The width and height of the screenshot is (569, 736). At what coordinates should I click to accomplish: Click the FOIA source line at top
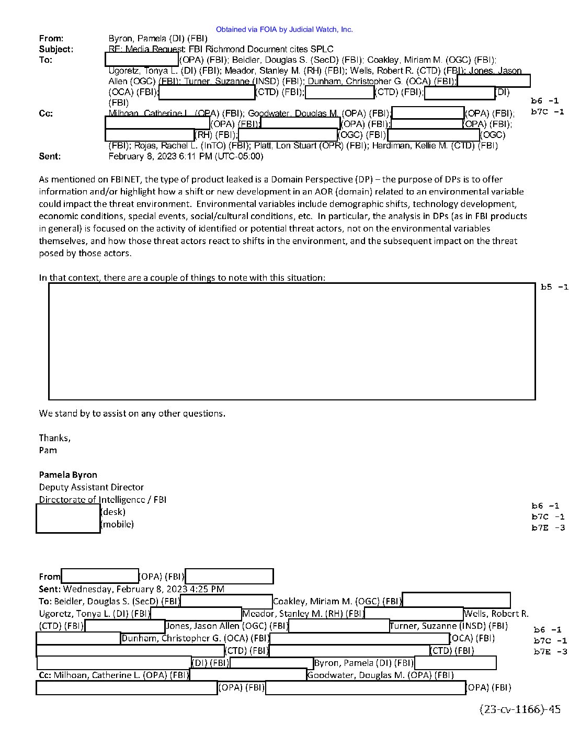click(x=284, y=30)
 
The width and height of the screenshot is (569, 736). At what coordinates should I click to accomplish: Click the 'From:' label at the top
click(x=51, y=39)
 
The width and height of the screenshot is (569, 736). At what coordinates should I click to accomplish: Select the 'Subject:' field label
click(x=56, y=50)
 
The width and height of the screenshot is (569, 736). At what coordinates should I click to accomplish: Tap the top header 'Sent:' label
click(x=50, y=156)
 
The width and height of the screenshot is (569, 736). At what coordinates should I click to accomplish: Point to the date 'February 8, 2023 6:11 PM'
click(x=186, y=156)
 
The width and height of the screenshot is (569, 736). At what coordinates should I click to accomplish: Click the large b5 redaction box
click(x=292, y=341)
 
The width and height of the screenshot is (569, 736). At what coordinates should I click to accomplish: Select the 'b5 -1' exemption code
click(x=554, y=287)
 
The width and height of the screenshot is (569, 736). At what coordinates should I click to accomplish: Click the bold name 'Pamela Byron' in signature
click(x=68, y=475)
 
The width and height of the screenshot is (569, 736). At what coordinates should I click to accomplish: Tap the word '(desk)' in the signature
click(x=113, y=512)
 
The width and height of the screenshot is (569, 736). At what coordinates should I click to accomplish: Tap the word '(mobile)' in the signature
click(x=117, y=524)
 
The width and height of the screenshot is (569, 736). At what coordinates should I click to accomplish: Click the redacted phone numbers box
click(x=68, y=519)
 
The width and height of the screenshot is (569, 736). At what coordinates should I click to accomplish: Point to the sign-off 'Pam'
click(x=48, y=451)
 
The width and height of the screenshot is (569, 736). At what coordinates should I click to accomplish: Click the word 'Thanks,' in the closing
click(x=54, y=438)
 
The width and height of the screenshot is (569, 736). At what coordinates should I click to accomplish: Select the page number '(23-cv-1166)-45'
click(x=520, y=709)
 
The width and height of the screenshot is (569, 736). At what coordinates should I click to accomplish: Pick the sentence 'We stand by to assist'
click(x=132, y=413)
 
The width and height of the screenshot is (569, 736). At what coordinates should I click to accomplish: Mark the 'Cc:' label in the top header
click(x=46, y=113)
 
